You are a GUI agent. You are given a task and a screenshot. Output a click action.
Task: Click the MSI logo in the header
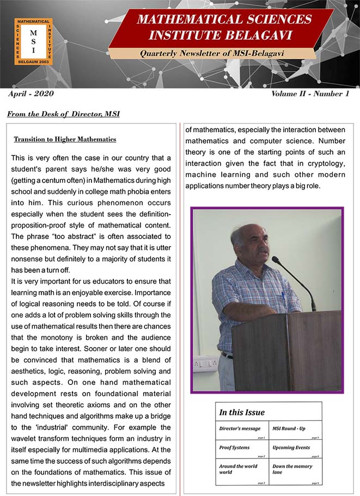click(33, 41)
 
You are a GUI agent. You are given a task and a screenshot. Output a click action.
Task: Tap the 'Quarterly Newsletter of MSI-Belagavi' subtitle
click(212, 54)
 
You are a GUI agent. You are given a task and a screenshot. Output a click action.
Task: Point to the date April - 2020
click(31, 94)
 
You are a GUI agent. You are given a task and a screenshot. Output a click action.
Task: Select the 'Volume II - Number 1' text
click(310, 94)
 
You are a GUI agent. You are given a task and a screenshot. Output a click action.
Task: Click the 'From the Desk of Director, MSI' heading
click(64, 114)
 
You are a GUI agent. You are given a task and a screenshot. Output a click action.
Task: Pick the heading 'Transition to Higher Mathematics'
click(65, 139)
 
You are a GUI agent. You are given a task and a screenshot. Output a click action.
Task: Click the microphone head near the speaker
click(276, 260)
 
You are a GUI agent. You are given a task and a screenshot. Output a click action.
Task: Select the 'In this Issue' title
click(242, 412)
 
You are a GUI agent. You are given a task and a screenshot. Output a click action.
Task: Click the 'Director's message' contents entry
click(240, 428)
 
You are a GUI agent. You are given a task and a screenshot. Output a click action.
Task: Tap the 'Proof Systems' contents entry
click(234, 448)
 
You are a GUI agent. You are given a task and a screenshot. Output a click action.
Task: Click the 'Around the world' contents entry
click(238, 467)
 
